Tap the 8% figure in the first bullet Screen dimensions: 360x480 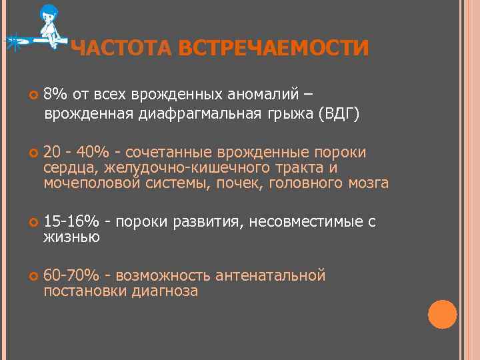56,94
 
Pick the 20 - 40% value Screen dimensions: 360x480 76,153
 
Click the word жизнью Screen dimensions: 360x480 72,237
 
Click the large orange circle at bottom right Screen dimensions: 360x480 442,314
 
